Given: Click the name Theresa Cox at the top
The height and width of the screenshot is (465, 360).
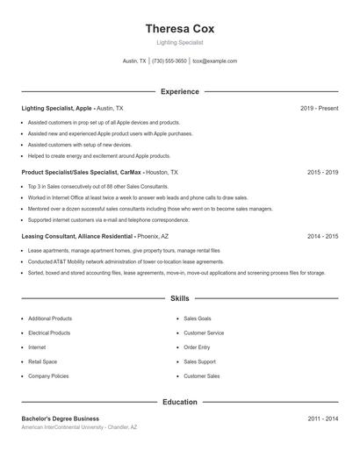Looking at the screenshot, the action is click(179, 28).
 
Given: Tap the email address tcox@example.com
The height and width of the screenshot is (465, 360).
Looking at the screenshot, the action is click(215, 61).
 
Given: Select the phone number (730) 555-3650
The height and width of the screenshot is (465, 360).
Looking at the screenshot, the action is click(169, 61).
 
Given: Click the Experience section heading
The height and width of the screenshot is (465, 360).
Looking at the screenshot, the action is click(179, 91).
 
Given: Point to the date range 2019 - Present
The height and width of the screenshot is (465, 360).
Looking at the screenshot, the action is click(319, 108).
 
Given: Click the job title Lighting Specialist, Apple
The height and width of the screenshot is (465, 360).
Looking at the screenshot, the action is click(57, 108).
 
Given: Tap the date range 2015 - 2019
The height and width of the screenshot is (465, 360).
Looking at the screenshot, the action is click(322, 172).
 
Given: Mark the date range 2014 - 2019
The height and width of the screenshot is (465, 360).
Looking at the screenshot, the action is click(322, 236).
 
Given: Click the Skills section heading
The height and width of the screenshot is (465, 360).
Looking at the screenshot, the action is click(179, 298).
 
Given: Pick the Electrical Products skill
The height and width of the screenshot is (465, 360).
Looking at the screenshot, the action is click(49, 333).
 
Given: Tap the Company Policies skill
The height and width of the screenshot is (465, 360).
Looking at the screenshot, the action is click(48, 376).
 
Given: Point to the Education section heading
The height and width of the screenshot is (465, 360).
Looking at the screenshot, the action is click(179, 402).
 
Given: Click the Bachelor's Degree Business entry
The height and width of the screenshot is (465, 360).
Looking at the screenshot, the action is click(61, 418).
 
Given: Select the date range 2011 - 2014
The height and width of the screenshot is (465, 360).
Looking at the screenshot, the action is click(322, 418).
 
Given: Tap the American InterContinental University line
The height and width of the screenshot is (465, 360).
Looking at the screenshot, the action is click(79, 427).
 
